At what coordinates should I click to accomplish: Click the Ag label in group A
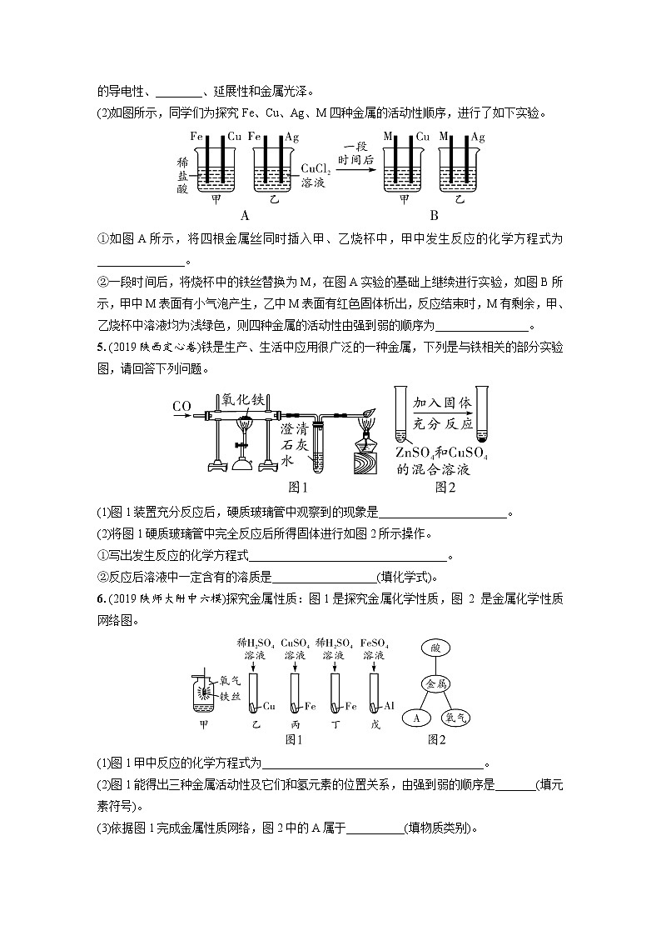click(x=292, y=136)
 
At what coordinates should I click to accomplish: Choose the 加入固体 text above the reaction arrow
click(x=441, y=402)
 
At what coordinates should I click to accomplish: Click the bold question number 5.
click(x=100, y=346)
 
